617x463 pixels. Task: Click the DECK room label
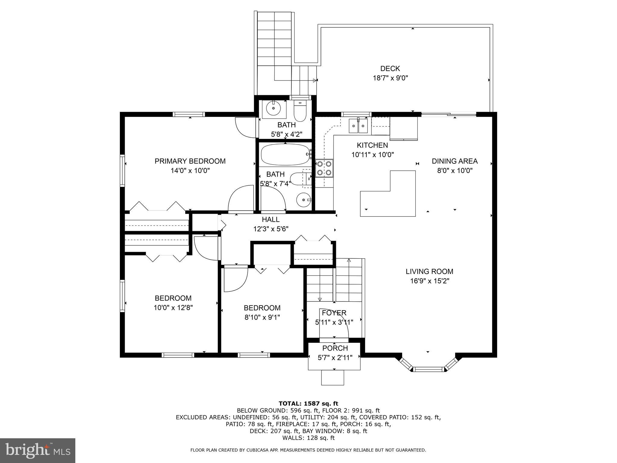coord(390,69)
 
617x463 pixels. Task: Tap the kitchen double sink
coord(358,126)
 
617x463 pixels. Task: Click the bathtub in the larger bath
coord(285,154)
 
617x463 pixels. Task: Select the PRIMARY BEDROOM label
coord(190,161)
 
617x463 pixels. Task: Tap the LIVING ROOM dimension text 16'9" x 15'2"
coord(429,281)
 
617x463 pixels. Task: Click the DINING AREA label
coord(455,161)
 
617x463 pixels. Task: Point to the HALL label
coord(271,219)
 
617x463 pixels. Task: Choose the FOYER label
coord(334,313)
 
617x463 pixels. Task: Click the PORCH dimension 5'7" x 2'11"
coord(335,357)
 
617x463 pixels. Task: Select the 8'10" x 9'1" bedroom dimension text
coord(262,317)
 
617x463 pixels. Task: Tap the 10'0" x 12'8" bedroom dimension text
coord(173,308)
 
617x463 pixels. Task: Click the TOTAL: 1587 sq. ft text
coord(308,403)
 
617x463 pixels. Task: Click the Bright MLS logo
coord(38,451)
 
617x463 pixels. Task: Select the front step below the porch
coord(333,377)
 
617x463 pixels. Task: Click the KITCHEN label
coord(372,145)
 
